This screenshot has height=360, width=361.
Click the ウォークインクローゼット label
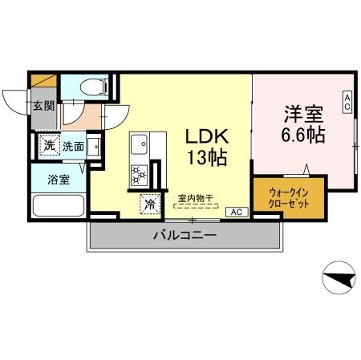click(x=290, y=197)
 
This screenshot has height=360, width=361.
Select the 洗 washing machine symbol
click(x=48, y=145)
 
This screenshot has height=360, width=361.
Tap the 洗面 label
click(x=73, y=147)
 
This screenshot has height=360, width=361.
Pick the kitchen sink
click(x=137, y=144)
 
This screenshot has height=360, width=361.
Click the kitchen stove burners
click(x=138, y=173)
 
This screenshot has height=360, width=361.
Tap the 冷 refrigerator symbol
click(x=149, y=204)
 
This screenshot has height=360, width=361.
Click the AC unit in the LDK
click(x=236, y=212)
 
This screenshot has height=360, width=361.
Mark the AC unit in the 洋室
click(x=347, y=102)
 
